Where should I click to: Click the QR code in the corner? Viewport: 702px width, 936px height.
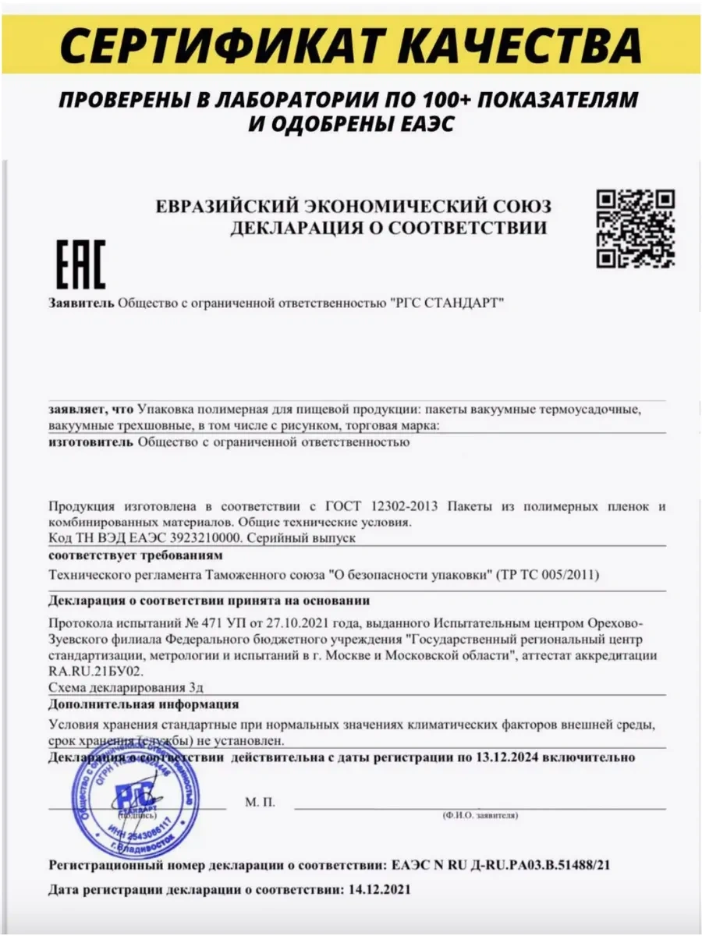[635, 229]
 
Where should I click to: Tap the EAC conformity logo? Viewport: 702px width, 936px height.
[80, 264]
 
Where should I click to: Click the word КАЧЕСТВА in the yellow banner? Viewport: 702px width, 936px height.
[530, 44]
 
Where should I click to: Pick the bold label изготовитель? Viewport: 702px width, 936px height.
[90, 442]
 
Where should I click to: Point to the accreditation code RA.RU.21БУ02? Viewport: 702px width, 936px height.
[96, 671]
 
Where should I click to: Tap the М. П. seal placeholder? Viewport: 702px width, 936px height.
[260, 802]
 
